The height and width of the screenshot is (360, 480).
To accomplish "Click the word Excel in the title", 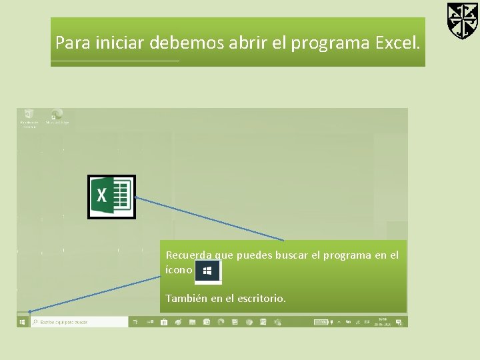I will (397, 43).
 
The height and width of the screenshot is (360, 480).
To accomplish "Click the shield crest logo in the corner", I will (462, 21).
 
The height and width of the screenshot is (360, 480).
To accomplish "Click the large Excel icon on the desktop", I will (111, 197).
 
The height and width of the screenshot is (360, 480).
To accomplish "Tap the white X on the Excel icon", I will (102, 195).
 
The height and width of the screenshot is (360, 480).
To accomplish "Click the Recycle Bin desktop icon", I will (29, 117).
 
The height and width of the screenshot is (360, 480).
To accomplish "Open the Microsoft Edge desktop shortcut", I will (57, 117).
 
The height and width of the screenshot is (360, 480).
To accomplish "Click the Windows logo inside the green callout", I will (207, 271).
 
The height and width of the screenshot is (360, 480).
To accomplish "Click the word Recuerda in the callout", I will (189, 255).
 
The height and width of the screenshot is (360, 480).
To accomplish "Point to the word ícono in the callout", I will (178, 271).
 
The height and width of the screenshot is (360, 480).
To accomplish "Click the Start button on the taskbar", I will (23, 322).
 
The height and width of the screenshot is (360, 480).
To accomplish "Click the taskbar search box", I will (79, 322).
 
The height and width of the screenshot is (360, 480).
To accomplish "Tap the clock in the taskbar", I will (383, 322).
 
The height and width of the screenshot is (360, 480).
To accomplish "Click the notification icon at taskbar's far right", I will (399, 322).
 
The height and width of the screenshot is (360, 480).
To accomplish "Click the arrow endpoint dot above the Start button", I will (30, 311).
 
